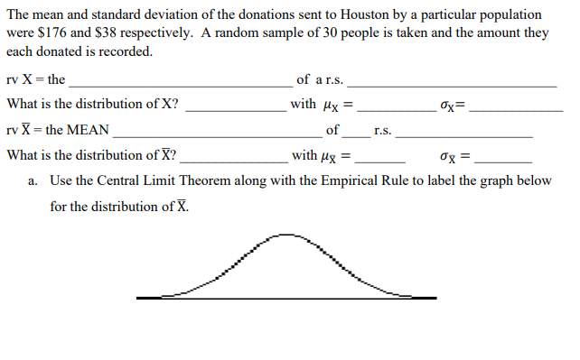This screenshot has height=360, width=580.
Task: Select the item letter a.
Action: coord(33,180)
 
